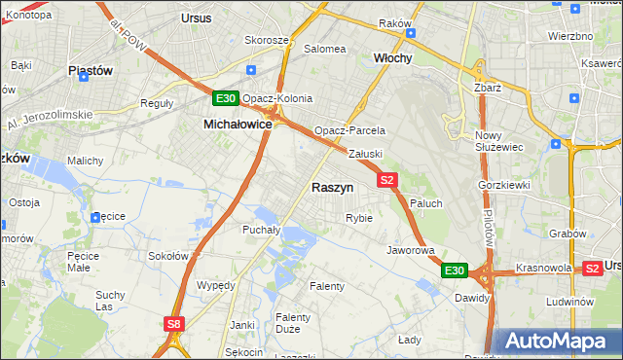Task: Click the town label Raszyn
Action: coord(332,187)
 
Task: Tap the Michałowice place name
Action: coord(237,125)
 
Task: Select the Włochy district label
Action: coord(393,58)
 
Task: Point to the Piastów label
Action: coord(92,71)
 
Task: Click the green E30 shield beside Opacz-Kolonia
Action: coord(226,98)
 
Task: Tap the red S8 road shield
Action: coord(173,324)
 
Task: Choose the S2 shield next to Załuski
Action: coord(387,179)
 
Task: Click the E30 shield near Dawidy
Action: coord(455,270)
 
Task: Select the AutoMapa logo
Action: coord(557,342)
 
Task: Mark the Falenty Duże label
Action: coord(293,323)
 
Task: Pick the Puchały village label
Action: coord(261,231)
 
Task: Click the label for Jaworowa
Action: coord(410,250)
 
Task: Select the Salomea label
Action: coord(325,49)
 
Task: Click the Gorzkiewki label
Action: coord(503,184)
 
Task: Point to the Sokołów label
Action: coord(167,256)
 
